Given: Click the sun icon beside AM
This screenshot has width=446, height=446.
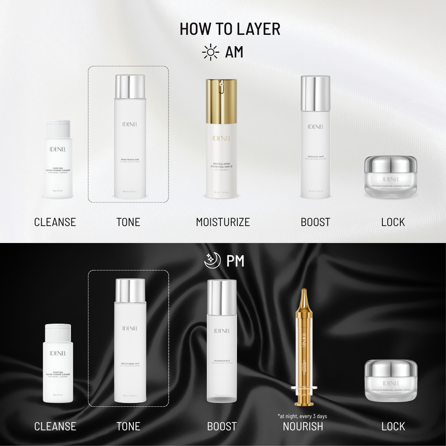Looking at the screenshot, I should [x=211, y=53].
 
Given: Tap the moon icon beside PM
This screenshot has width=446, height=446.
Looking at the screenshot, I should [x=213, y=261].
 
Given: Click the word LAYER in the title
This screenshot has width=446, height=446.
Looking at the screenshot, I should [x=258, y=29].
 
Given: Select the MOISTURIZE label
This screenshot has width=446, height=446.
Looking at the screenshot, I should [x=223, y=222].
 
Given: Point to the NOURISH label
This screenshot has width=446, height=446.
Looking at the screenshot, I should [x=303, y=426].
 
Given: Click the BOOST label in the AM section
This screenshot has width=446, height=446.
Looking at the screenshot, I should [x=315, y=222].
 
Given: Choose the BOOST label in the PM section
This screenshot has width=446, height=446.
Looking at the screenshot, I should [x=222, y=426].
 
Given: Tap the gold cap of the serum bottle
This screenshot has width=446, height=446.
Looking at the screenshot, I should [x=222, y=95].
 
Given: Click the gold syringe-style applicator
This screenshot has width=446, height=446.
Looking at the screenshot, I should [x=303, y=344].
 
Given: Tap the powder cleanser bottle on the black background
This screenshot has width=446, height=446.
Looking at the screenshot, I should [x=58, y=364].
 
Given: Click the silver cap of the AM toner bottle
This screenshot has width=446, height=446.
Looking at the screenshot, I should [x=130, y=86].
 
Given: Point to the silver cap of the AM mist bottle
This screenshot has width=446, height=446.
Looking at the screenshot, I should [x=315, y=93].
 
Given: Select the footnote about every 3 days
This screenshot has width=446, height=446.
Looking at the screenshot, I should [x=302, y=416].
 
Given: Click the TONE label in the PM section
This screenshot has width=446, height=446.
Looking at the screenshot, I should [x=128, y=426].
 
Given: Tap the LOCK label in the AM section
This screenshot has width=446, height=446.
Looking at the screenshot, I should [x=393, y=222].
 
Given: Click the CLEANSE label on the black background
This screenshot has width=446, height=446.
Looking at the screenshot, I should [x=55, y=426].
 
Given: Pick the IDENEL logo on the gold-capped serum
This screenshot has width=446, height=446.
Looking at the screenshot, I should [x=222, y=138].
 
